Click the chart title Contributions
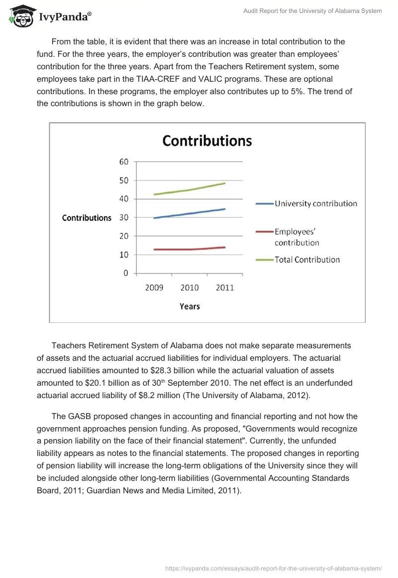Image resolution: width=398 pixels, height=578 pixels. pyautogui.click(x=207, y=141)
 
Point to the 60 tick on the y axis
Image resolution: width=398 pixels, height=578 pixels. pyautogui.click(x=124, y=161)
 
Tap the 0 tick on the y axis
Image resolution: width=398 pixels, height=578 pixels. pyautogui.click(x=126, y=273)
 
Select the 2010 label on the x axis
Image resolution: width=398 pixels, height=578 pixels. pyautogui.click(x=190, y=288)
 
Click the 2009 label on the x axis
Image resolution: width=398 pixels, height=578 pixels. pyautogui.click(x=154, y=288)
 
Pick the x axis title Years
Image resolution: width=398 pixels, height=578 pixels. pyautogui.click(x=190, y=306)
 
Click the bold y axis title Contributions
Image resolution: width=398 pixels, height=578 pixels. pyautogui.click(x=87, y=218)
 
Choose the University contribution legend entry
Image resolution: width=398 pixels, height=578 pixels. pyautogui.click(x=315, y=203)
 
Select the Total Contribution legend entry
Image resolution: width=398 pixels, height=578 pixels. pyautogui.click(x=307, y=260)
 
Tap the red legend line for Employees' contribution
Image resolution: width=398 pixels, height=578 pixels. pyautogui.click(x=264, y=232)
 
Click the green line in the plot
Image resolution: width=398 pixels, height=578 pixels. pyautogui.click(x=190, y=190)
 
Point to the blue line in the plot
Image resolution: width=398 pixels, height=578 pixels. pyautogui.click(x=190, y=213)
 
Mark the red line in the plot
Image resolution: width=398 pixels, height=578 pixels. pyautogui.click(x=190, y=249)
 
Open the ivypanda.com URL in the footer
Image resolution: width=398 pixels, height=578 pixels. pyautogui.click(x=273, y=568)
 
